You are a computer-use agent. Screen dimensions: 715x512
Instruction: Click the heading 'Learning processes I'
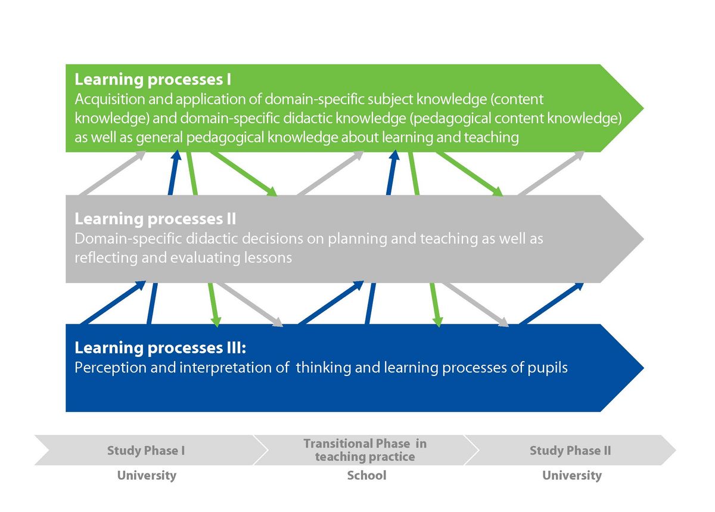point(153,79)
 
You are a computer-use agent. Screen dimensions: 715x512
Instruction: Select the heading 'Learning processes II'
point(155,219)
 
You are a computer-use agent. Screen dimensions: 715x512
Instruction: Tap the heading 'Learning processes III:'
point(160,348)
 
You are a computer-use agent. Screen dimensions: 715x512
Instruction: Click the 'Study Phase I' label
point(146,451)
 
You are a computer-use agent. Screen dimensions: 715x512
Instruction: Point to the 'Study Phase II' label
point(570,451)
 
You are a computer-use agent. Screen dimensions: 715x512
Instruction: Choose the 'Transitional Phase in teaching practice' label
point(365,450)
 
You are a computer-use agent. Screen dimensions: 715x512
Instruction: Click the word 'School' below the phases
point(367,475)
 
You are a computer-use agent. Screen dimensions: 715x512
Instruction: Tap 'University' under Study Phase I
point(147,476)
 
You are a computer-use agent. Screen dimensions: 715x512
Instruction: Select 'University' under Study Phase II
point(572,476)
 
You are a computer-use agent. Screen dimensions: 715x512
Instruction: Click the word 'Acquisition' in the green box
point(110,100)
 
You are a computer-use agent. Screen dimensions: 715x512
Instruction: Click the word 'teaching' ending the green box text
point(491,138)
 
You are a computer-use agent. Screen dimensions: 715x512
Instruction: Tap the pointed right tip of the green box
point(643,108)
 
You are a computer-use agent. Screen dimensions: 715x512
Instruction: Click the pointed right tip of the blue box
point(643,368)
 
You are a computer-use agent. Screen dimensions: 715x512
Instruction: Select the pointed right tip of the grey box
point(643,239)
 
